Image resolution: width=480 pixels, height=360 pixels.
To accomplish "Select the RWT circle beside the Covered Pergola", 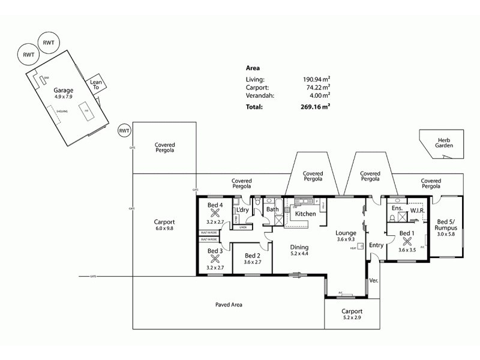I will (124, 130).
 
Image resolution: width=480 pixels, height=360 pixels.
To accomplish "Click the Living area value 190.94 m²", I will (316, 79).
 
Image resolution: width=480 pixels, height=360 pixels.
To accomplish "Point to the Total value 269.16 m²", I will (316, 107).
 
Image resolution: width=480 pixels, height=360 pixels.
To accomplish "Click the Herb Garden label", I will (444, 142).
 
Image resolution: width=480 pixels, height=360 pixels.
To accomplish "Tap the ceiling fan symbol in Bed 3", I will (215, 259).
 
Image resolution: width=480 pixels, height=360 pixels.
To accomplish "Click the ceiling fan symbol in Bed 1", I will (407, 242).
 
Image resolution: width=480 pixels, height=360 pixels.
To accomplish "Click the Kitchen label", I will (305, 214).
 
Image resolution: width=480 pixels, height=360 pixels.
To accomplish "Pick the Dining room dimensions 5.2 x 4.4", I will (299, 254).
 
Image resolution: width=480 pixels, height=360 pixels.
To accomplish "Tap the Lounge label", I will (346, 233).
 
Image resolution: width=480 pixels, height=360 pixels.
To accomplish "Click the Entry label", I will (376, 245).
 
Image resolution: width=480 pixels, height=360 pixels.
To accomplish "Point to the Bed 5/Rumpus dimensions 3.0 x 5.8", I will (446, 235).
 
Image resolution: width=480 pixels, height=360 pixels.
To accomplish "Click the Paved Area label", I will (228, 305).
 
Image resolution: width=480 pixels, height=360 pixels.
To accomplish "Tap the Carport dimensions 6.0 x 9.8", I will (164, 229).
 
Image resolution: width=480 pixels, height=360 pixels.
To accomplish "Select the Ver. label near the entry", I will (374, 280).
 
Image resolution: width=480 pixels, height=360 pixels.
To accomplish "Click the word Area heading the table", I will (253, 68).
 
